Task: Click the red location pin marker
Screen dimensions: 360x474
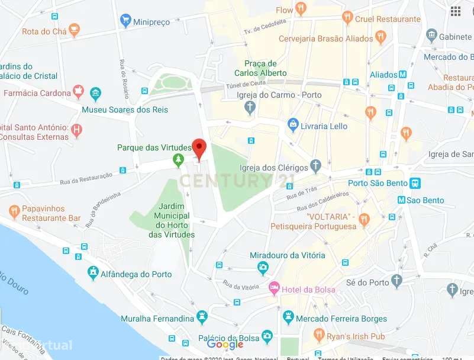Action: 199,148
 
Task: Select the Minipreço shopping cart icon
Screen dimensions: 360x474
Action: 125,21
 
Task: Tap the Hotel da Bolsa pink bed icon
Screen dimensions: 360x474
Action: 274,289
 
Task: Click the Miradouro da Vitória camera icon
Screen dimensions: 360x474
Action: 263,268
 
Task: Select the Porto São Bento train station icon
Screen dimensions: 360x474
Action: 415,182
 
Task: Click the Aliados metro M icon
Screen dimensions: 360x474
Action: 403,75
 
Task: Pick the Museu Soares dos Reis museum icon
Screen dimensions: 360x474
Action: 95,94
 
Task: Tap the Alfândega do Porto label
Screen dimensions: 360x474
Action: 136,274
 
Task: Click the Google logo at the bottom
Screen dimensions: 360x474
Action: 225,345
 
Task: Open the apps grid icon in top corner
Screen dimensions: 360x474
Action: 456,11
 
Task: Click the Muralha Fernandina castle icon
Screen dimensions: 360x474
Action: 203,315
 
